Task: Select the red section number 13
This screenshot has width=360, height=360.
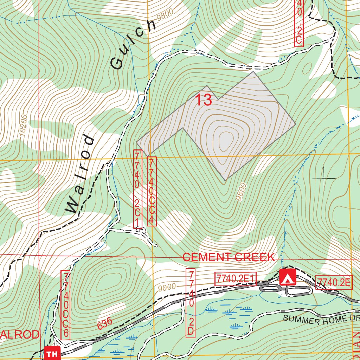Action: (x=204, y=100)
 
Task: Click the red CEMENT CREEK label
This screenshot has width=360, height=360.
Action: (x=229, y=257)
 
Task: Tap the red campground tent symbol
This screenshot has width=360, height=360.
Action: (x=288, y=277)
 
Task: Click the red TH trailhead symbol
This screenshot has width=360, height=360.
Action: (x=52, y=353)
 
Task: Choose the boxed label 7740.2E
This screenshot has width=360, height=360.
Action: (x=334, y=282)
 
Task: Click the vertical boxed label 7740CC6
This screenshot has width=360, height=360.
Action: (x=66, y=305)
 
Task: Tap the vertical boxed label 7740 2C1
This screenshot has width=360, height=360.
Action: (x=138, y=190)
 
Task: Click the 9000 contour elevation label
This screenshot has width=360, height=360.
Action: (x=166, y=287)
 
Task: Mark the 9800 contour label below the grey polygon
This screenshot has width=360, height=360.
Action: (x=241, y=192)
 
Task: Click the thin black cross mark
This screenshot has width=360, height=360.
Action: (x=324, y=179)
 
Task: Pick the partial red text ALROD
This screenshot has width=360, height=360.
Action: (x=20, y=335)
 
